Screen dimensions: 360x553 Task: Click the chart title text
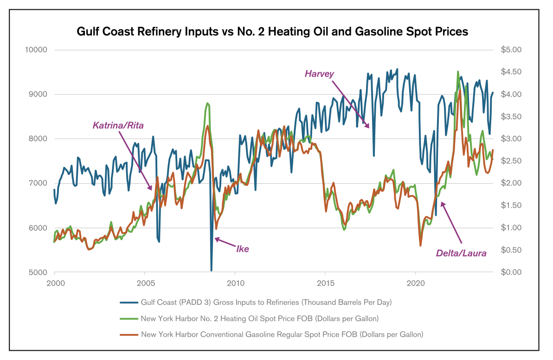point(272,32)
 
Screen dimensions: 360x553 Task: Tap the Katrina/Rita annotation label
point(118,125)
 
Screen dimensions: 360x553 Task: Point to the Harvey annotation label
point(319,73)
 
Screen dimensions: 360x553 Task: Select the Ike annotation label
point(243,249)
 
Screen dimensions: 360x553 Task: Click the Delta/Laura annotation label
point(461,253)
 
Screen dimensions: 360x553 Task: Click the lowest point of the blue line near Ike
point(212,270)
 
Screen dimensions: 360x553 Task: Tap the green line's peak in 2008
point(207,103)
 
